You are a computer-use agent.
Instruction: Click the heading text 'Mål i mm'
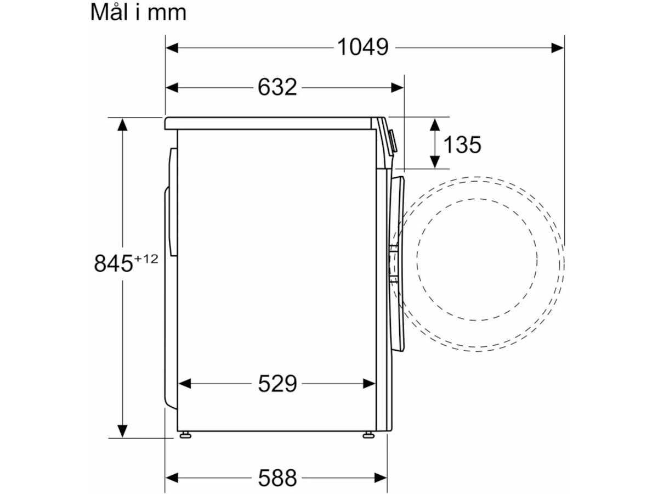[138, 12]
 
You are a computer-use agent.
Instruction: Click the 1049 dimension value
[362, 48]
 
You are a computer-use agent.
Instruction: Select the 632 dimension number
[277, 87]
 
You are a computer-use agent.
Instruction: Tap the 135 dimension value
[462, 145]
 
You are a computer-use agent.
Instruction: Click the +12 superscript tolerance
[146, 259]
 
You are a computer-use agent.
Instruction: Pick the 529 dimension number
[277, 384]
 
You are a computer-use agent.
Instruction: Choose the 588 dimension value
[277, 478]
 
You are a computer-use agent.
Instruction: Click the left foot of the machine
[185, 435]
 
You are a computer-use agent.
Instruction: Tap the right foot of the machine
[368, 435]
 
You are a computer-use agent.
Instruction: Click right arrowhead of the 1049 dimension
[558, 48]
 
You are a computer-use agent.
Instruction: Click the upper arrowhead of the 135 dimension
[435, 123]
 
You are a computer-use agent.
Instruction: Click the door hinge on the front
[393, 263]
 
